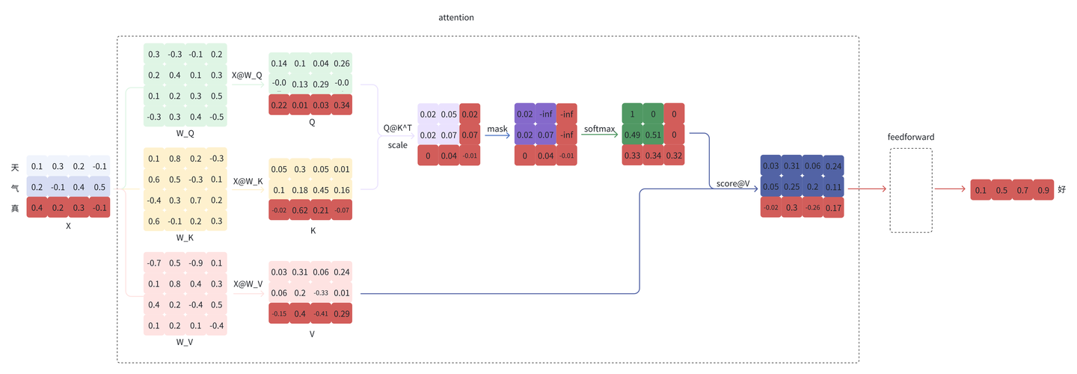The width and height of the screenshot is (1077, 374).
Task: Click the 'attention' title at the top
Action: pos(455,18)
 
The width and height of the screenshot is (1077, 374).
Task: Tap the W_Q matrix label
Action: pos(185,133)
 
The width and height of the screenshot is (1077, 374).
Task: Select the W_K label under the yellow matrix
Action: pos(185,237)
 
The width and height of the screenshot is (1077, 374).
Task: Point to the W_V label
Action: pos(185,342)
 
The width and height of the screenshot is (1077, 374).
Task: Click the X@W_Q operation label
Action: pos(247,76)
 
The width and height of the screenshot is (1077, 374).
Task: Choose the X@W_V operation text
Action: pos(248,284)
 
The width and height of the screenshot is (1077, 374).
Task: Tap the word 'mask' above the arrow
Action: pos(497,129)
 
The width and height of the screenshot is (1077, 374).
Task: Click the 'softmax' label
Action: pos(600,129)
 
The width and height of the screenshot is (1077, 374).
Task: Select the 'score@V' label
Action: pos(733,184)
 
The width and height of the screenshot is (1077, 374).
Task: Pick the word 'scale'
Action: pos(398,145)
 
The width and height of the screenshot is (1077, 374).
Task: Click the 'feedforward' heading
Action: pos(911,137)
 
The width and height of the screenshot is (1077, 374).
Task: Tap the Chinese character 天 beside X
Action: pos(15,168)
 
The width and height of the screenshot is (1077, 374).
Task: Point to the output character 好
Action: pos(1061,189)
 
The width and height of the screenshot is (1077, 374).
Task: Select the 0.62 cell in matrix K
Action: pos(300,210)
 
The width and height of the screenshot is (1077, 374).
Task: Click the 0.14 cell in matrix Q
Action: pos(279,64)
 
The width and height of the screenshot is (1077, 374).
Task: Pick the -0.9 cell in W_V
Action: pos(196,263)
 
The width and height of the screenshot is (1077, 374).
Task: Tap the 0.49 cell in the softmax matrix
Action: pos(632,135)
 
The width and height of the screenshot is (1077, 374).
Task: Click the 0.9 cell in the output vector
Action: pos(1043,190)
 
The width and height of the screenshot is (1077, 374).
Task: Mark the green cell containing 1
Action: pos(632,114)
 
